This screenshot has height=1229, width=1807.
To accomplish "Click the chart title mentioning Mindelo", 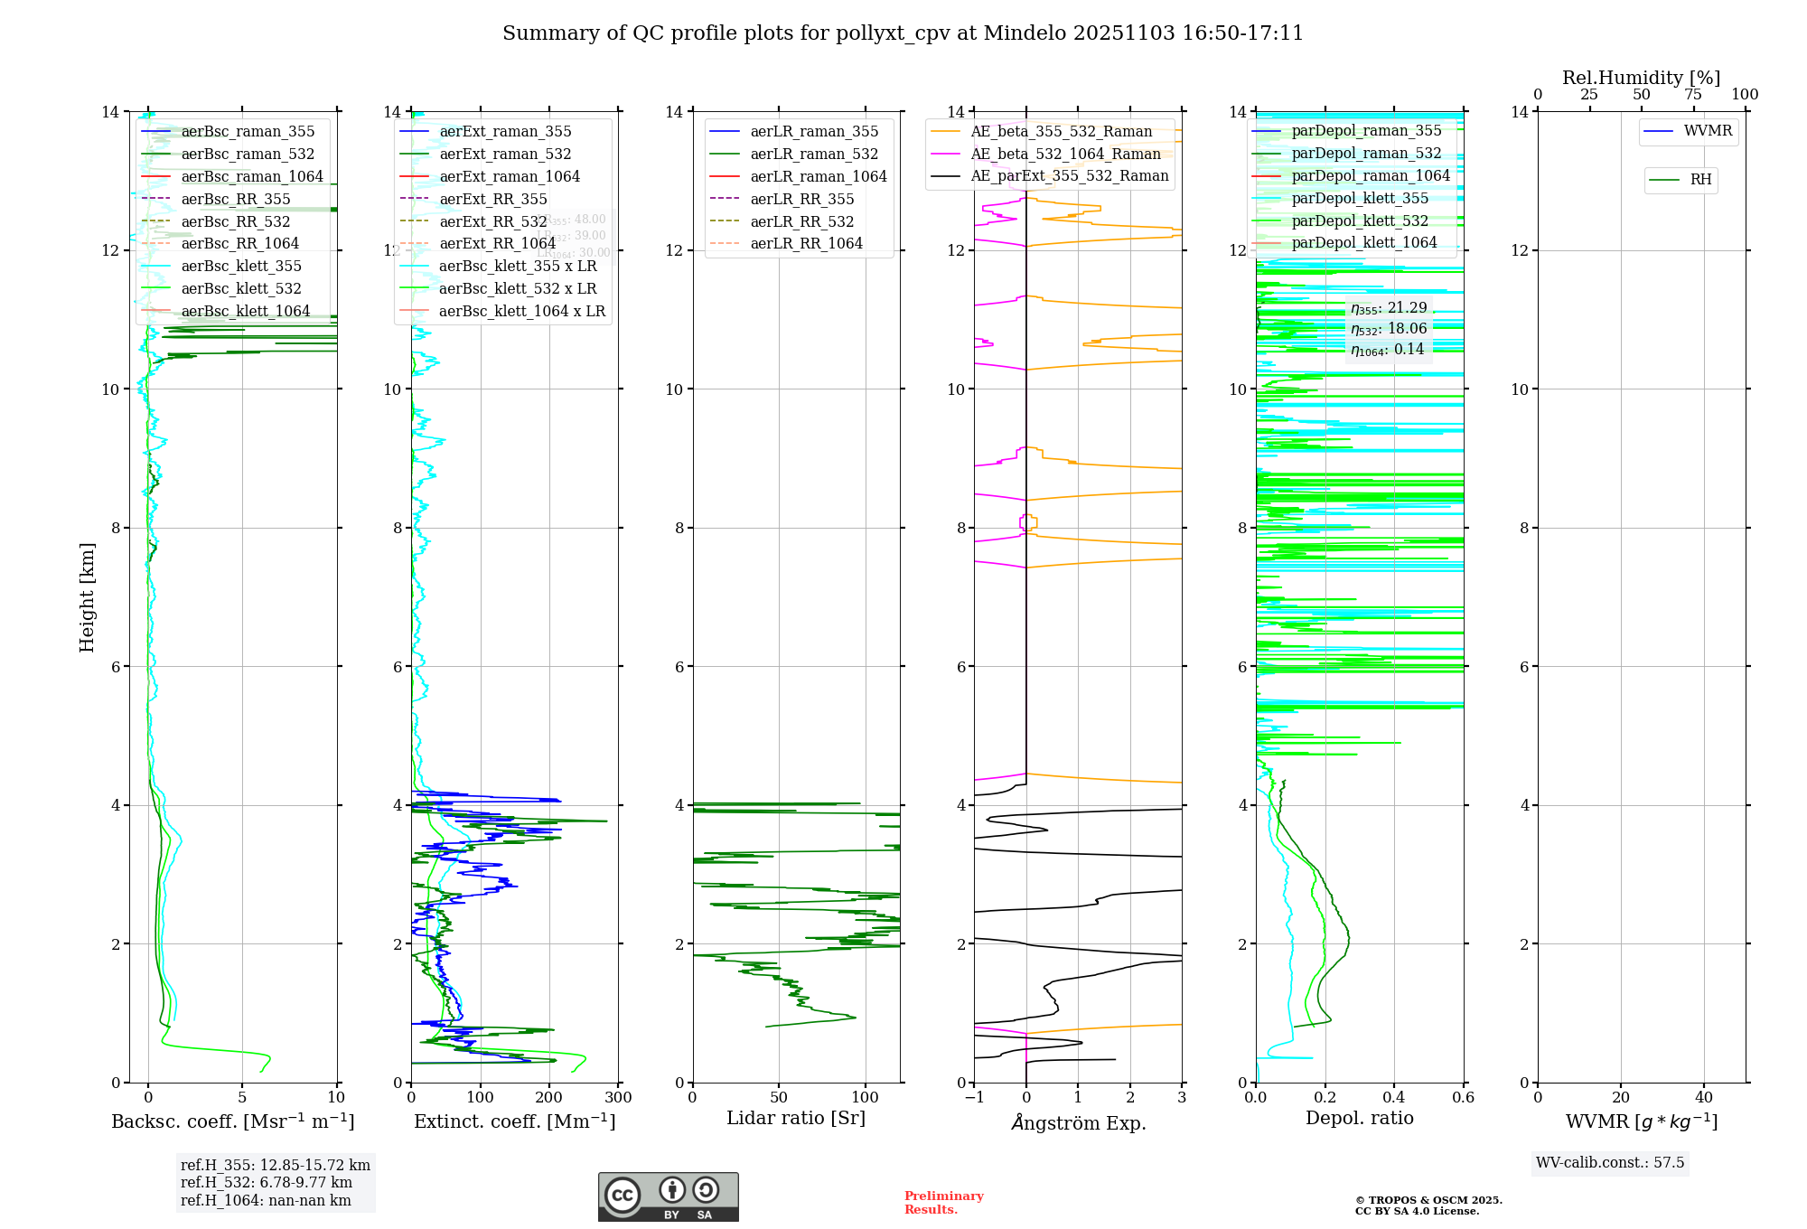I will (903, 33).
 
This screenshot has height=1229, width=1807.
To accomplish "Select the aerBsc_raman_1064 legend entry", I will (251, 176).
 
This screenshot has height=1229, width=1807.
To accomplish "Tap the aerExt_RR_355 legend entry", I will (492, 199).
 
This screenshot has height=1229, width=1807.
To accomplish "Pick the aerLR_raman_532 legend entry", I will (813, 154).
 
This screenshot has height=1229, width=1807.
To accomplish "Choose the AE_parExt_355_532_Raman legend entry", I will (1069, 175).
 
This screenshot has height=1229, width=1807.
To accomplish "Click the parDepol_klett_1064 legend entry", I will (1363, 242).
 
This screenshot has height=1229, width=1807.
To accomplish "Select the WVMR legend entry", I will (1708, 131).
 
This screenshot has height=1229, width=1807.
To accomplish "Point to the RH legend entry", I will (1700, 180).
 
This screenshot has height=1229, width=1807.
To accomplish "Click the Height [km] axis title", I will (87, 596).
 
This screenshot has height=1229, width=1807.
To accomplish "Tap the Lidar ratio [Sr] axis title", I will (796, 1118).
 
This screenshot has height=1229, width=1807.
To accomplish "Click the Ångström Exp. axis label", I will (1078, 1122).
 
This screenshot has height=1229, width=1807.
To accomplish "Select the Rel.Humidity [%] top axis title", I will (1641, 78).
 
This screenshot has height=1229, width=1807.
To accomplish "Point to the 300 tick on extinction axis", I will (619, 1098).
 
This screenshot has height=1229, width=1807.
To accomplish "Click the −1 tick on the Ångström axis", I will (974, 1098).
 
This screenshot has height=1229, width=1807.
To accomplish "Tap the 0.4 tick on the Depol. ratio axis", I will (1394, 1098).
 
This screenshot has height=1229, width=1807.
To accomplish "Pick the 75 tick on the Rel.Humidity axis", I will (1693, 95).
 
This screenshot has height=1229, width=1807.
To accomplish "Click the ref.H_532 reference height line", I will (266, 1182).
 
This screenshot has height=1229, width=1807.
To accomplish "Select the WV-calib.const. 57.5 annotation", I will (1610, 1162).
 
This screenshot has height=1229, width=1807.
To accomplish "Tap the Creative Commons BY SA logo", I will (668, 1196).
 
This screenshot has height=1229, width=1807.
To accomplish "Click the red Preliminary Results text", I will (943, 1202).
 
